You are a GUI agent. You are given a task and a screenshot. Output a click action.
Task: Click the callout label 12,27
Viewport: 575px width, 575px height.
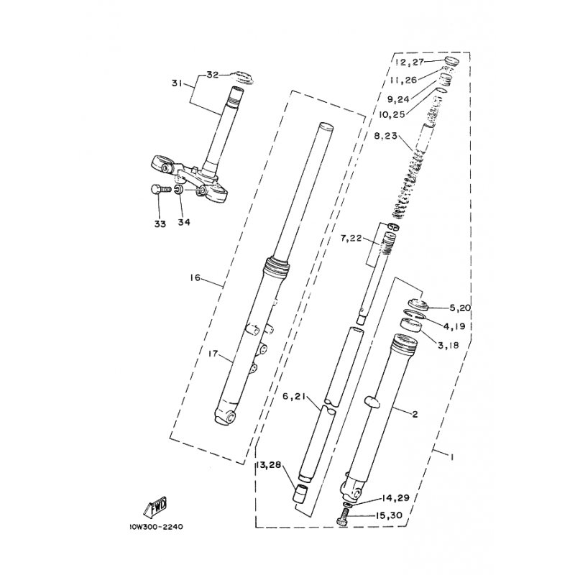pyautogui.click(x=409, y=63)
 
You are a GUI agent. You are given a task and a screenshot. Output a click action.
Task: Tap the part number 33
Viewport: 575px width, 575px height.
pyautogui.click(x=160, y=224)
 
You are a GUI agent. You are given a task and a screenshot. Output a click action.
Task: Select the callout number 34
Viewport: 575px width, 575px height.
pyautogui.click(x=184, y=222)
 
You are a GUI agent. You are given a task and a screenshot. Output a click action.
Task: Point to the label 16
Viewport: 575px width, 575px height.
pyautogui.click(x=195, y=278)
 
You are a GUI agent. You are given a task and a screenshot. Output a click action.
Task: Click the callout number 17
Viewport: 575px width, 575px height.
pyautogui.click(x=213, y=354)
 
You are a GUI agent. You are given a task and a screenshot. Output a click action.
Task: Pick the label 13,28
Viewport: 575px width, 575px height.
pyautogui.click(x=268, y=465)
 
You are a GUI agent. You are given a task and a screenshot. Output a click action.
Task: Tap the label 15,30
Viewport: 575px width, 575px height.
pyautogui.click(x=389, y=515)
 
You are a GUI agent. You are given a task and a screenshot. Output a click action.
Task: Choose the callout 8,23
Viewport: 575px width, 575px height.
pyautogui.click(x=385, y=136)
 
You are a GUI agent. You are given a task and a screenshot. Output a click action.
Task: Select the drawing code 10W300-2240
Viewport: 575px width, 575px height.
pyautogui.click(x=156, y=527)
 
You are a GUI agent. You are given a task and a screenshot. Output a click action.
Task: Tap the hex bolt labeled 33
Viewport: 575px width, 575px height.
pyautogui.click(x=160, y=190)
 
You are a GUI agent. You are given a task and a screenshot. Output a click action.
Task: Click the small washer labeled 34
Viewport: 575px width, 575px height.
pyautogui.click(x=179, y=190)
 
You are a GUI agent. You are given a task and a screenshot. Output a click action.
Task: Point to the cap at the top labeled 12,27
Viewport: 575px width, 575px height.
pyautogui.click(x=451, y=62)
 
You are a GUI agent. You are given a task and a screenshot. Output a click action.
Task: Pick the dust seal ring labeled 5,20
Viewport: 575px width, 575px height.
pyautogui.click(x=418, y=304)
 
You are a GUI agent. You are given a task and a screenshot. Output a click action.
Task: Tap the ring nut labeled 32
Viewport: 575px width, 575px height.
pyautogui.click(x=241, y=78)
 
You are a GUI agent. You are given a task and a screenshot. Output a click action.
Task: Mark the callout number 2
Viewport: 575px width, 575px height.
pyautogui.click(x=415, y=415)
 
